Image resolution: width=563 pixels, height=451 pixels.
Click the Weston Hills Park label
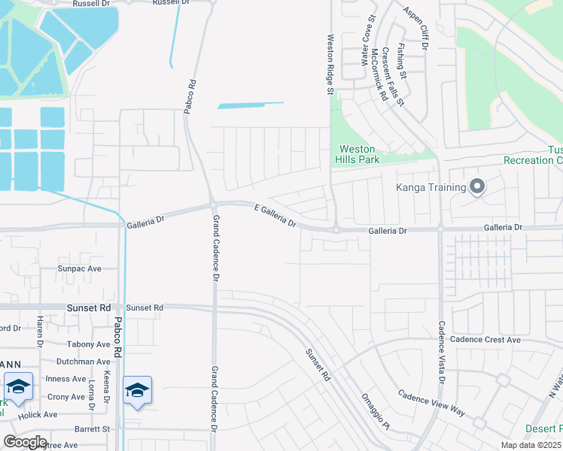[356, 154]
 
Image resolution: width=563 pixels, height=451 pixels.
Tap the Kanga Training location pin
[476, 186]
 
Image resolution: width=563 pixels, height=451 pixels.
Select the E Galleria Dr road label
[276, 215]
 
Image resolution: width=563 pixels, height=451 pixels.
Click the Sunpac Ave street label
[80, 268]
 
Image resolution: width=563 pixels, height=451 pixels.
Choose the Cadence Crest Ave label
[485, 340]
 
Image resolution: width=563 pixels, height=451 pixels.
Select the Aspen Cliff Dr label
[415, 31]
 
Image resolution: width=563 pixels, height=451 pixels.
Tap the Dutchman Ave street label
[84, 362]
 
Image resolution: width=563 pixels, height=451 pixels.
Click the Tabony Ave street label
[88, 344]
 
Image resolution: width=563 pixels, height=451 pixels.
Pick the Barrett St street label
[92, 429]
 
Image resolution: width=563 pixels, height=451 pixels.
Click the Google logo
[25, 442]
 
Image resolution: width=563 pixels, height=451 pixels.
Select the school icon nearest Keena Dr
[138, 390]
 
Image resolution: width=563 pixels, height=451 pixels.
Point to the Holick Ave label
[38, 414]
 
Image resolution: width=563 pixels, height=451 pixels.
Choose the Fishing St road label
[402, 61]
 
